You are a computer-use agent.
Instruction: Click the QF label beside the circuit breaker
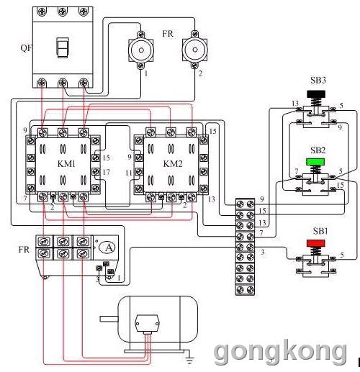click(x=26, y=48)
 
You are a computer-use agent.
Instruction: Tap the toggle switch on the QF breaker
click(x=63, y=47)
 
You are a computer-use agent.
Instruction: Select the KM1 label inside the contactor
click(x=66, y=164)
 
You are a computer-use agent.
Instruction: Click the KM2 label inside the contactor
click(x=173, y=164)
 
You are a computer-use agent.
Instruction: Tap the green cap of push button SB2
click(x=315, y=161)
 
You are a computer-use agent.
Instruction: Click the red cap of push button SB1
click(x=316, y=243)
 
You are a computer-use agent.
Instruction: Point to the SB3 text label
click(x=318, y=80)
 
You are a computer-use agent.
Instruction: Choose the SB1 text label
click(x=320, y=231)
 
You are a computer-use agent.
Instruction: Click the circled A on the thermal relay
click(x=107, y=248)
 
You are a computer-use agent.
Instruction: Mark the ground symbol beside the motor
click(x=189, y=358)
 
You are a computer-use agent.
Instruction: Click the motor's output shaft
click(x=109, y=319)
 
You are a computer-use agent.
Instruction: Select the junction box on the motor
click(x=147, y=323)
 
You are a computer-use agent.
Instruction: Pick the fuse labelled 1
click(x=141, y=50)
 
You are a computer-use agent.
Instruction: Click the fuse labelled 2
click(x=194, y=50)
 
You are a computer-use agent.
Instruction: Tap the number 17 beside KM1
click(x=106, y=172)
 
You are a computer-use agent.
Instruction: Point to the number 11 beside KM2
click(x=129, y=173)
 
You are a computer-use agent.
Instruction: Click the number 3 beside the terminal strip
click(x=263, y=252)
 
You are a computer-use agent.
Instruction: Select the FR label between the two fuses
click(x=168, y=34)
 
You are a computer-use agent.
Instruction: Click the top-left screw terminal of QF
click(x=42, y=12)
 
